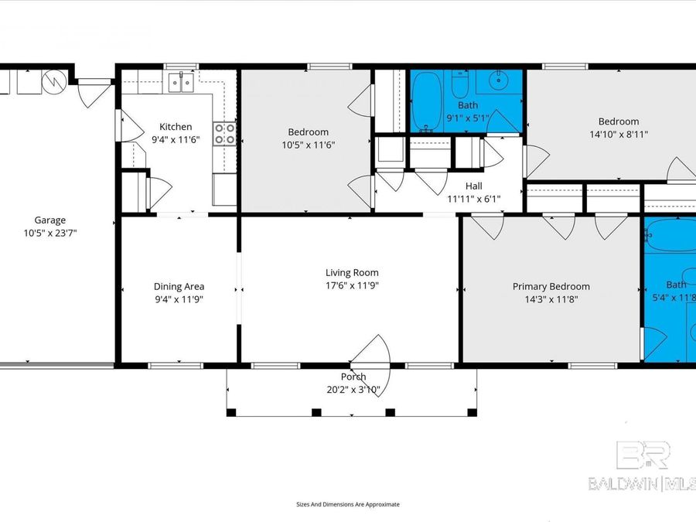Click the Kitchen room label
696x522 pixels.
pos(176,127)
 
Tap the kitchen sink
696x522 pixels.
pos(183,82)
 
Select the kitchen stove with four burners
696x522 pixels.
pos(224,134)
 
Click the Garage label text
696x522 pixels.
pos(49,220)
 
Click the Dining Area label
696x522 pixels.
pos(178,287)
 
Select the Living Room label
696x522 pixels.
pos(351,272)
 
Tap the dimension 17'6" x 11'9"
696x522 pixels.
pos(351,285)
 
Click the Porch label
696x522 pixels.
pos(352,378)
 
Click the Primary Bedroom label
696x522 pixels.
pos(551,286)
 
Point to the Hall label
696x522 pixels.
pos(473,186)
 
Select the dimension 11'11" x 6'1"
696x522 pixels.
pos(473,199)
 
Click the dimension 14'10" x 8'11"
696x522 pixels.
pos(618,134)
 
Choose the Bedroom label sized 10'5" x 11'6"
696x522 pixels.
pos(308,132)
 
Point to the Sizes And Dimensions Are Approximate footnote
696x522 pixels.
pos(348,504)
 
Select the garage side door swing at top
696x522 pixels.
pos(94,93)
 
